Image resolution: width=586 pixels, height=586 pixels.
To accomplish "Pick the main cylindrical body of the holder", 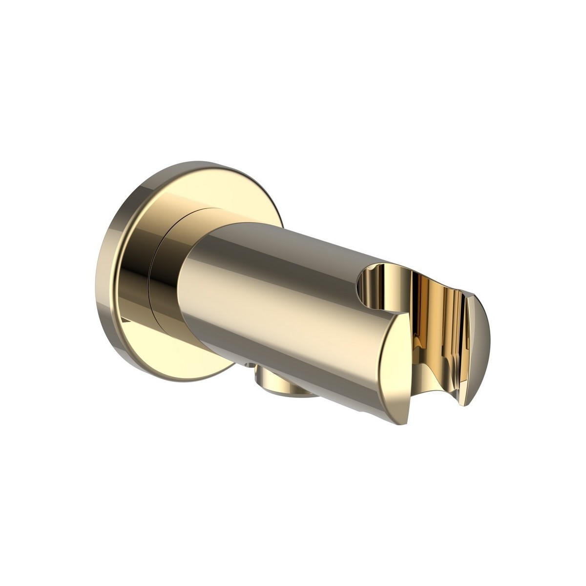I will [273, 293].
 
